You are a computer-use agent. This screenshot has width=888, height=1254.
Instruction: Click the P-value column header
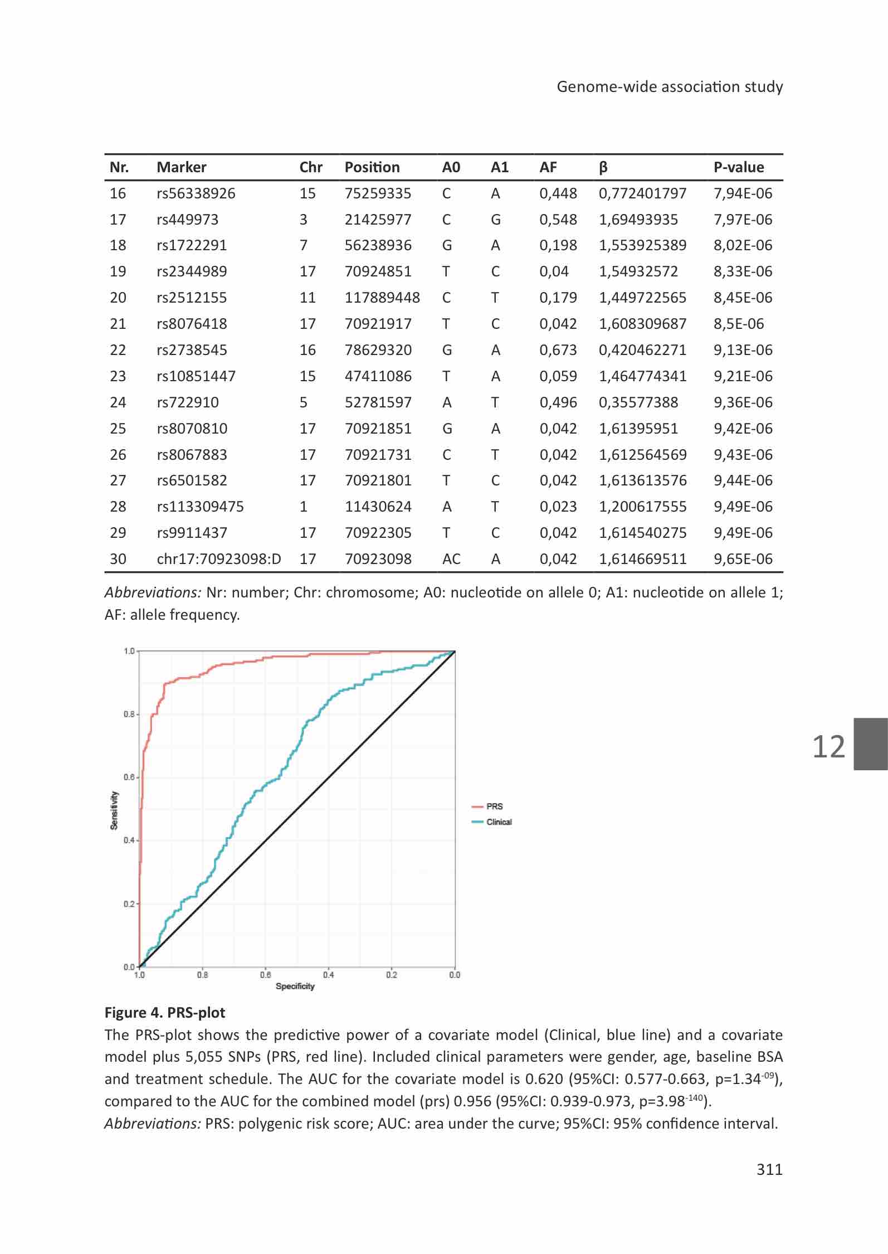click(x=739, y=167)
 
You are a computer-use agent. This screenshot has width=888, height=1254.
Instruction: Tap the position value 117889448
click(x=382, y=298)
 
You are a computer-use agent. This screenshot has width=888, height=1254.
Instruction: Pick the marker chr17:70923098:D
click(x=219, y=559)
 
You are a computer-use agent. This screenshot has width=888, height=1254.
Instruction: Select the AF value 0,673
click(x=558, y=350)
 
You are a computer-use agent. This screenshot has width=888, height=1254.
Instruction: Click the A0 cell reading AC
click(x=451, y=559)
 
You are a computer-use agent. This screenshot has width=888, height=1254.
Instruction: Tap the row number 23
click(x=118, y=376)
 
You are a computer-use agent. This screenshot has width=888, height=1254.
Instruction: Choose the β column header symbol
click(x=603, y=167)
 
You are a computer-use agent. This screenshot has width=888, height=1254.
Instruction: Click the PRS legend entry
click(x=487, y=806)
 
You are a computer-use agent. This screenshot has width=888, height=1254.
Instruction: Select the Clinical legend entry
click(x=492, y=822)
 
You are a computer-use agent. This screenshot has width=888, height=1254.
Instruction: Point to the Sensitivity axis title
click(x=114, y=810)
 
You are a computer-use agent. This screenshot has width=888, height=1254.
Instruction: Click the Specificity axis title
click(x=295, y=986)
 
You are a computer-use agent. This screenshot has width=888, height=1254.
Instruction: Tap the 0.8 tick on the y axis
click(x=129, y=715)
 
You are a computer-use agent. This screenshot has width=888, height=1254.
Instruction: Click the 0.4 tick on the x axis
click(x=329, y=975)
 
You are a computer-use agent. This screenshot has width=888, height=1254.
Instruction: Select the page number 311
click(x=769, y=1169)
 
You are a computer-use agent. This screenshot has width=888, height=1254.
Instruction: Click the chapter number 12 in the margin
click(x=829, y=746)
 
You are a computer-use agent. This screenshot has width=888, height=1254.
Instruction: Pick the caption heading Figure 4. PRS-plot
click(x=165, y=1013)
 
